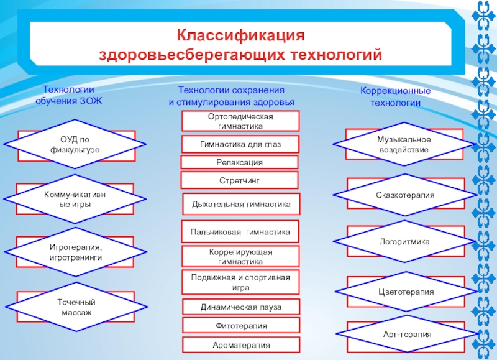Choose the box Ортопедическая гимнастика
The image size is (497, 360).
(240, 121)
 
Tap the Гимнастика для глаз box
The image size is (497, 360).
(240, 144)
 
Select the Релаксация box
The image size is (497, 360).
(239, 162)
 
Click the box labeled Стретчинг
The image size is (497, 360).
(239, 180)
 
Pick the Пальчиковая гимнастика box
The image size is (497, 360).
(240, 232)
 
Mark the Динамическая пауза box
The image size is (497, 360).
(240, 307)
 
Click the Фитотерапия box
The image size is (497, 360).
(240, 326)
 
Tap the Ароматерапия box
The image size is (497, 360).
(240, 344)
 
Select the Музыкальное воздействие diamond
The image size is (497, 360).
(404, 144)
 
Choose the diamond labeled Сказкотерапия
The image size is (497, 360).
(405, 195)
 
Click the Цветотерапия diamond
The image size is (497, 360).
(405, 291)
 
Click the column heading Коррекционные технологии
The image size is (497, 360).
(396, 97)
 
